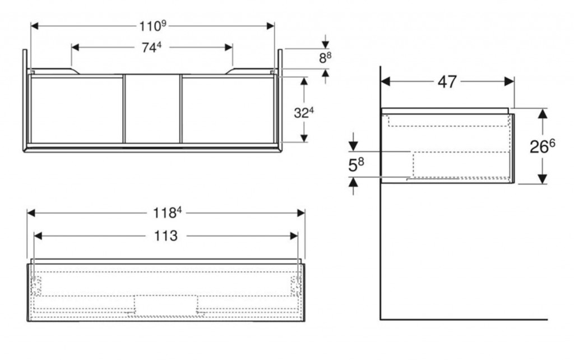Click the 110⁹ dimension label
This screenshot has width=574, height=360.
coord(152,26)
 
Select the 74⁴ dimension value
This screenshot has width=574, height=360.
coord(151,47)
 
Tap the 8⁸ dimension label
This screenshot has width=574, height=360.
coord(326,58)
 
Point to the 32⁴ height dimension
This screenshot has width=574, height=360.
coord(304,113)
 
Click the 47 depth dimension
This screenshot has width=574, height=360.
coord(447,82)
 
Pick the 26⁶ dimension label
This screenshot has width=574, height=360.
coord(542,146)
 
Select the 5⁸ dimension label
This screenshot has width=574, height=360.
coord(356,165)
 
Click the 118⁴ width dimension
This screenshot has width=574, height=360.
coord(167,213)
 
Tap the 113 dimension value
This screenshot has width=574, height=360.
coord(165,236)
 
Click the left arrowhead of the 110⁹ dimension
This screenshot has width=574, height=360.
coord(35,26)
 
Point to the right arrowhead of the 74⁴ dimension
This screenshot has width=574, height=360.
coord(229,47)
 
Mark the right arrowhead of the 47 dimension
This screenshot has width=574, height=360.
coord(510,82)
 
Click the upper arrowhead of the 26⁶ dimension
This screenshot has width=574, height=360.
coord(543,113)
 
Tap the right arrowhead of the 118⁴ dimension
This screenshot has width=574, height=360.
coord(301,213)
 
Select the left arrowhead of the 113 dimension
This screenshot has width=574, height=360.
coord(38,236)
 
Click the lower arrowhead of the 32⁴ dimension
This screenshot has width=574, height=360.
coord(304,138)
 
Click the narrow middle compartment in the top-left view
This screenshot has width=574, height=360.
coord(152,109)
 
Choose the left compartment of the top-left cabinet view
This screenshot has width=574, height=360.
coord(76,109)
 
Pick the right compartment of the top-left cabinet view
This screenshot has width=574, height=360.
coord(228,109)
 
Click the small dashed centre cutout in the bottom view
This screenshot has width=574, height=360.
coord(166,305)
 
